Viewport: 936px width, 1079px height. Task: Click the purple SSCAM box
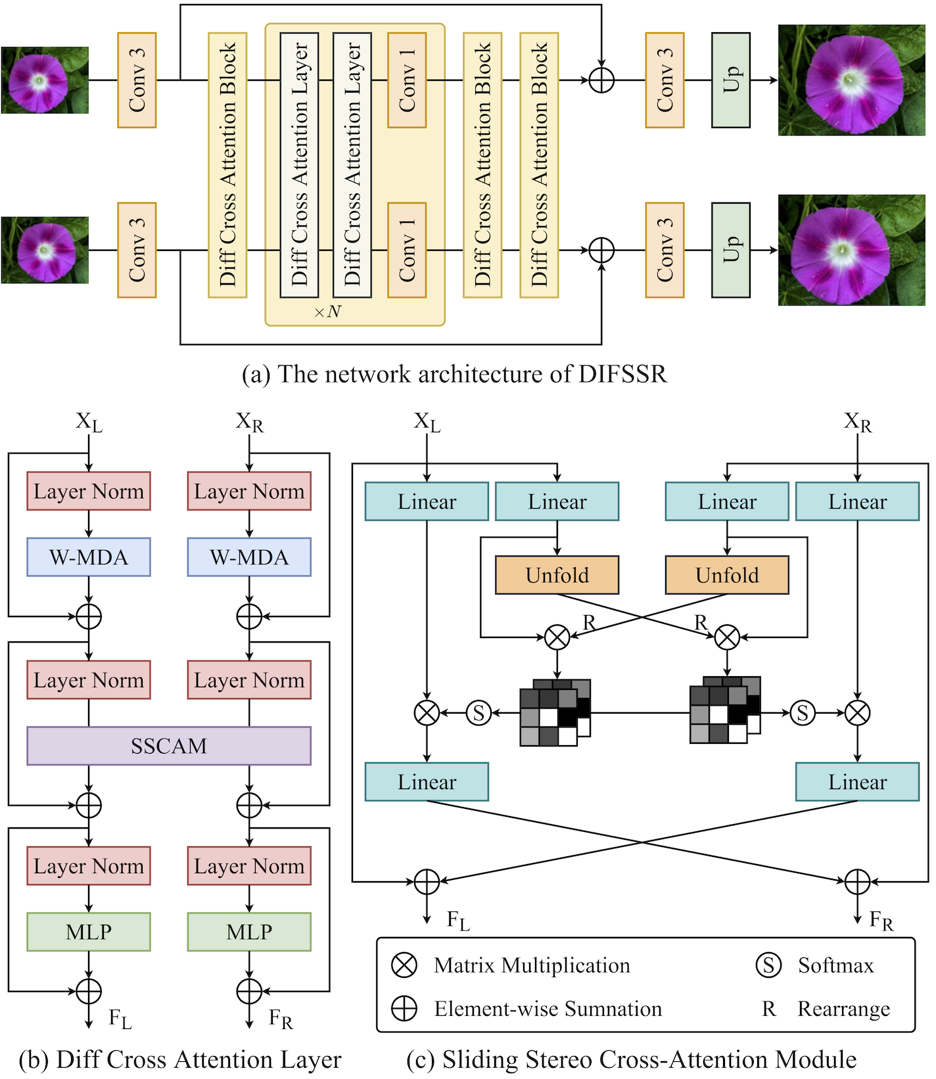(168, 746)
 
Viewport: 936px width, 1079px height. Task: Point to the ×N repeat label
(327, 311)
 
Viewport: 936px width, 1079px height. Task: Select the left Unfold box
(557, 575)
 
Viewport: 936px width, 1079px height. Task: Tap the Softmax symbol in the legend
(768, 965)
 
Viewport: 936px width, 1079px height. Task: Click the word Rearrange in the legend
(843, 1009)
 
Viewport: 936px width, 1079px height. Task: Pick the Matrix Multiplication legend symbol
(404, 965)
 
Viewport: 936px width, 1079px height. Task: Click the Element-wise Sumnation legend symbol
(404, 1009)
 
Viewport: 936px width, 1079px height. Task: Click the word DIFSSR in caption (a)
(622, 374)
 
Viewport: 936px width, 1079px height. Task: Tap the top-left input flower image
(45, 80)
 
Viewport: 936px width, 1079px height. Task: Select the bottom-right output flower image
(851, 250)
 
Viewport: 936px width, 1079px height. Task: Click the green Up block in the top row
(730, 80)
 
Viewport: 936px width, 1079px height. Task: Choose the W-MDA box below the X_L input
(89, 557)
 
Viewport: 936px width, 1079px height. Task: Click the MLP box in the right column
(249, 932)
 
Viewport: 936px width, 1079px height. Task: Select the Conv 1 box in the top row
(407, 80)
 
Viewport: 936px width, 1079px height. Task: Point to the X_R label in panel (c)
(857, 422)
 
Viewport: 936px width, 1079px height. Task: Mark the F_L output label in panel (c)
(458, 920)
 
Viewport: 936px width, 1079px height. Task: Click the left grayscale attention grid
(554, 713)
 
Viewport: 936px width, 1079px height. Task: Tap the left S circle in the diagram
(479, 713)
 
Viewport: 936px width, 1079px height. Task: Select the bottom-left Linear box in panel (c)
(427, 782)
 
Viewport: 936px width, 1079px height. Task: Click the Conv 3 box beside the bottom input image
(137, 250)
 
